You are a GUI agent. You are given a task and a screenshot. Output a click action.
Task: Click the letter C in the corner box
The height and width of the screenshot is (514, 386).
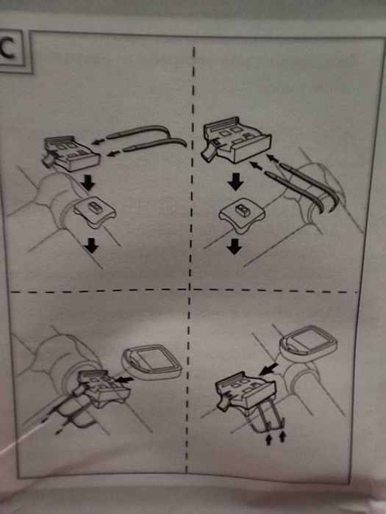pos(7,48)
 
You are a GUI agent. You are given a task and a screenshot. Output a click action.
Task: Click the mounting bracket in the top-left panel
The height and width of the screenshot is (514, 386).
pos(71,153)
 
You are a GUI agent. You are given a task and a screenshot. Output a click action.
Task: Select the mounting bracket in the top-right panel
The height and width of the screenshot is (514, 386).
pos(236,140)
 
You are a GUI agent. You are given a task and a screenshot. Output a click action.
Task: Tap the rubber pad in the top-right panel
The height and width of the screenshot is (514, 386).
pos(242,217)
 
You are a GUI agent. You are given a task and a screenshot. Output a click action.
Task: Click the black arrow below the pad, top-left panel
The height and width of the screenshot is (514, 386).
pos(91,245)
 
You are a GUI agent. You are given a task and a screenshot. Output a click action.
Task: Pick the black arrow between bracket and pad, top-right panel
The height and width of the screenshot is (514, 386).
pos(235,181)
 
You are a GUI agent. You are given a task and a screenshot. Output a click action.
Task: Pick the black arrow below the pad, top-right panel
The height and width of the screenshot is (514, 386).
pos(235,246)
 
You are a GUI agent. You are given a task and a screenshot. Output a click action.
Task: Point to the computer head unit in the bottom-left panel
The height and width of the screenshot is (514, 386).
pos(151,361)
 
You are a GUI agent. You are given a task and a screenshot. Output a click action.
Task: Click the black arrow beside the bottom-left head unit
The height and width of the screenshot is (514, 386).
pos(126,380)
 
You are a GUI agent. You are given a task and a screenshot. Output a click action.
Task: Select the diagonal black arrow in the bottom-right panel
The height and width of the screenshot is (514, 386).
pos(268,369)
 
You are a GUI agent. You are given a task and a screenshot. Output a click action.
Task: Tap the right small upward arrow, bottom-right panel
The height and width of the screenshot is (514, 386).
pos(282,437)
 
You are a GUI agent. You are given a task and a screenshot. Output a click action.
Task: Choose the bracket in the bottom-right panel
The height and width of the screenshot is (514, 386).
pos(246,390)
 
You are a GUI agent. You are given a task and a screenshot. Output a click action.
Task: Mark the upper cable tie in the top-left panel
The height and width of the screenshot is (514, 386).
pos(138,131)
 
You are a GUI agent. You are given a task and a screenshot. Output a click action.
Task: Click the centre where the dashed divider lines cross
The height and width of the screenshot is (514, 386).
pos(190,290)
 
